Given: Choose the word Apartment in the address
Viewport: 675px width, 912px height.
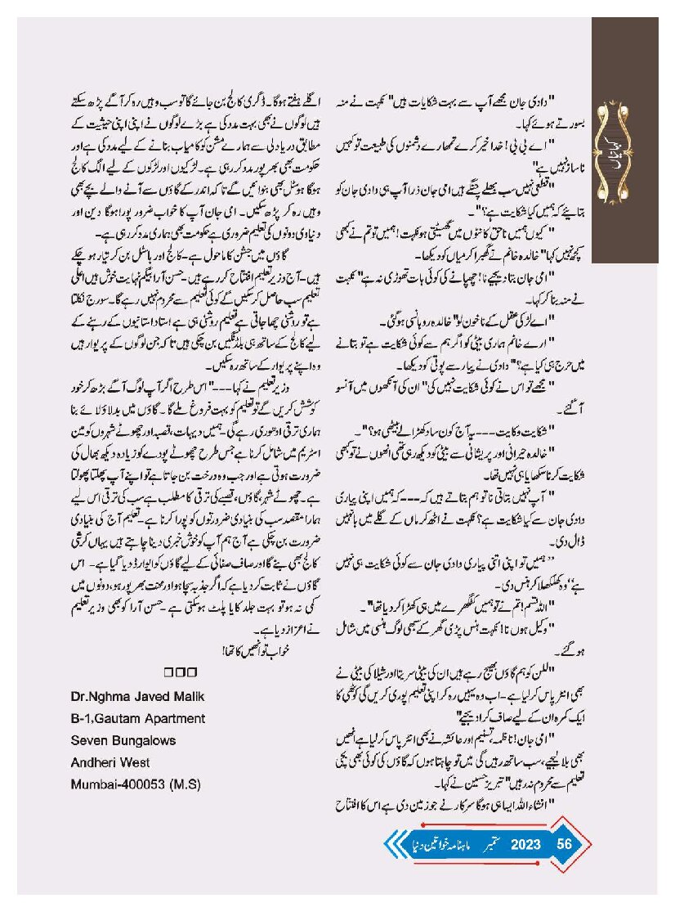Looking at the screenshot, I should (177, 718).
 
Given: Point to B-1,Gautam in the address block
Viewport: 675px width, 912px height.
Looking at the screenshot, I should (108, 718).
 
